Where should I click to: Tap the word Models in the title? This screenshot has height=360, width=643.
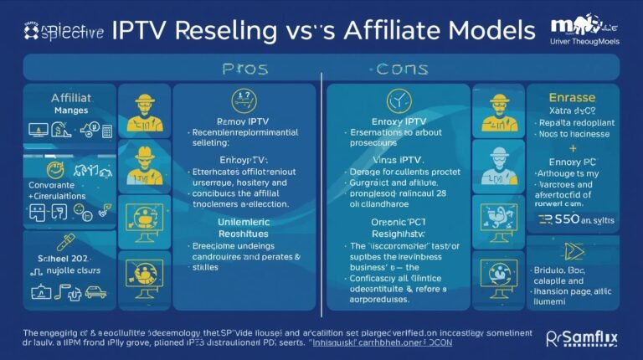coord(484,30)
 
